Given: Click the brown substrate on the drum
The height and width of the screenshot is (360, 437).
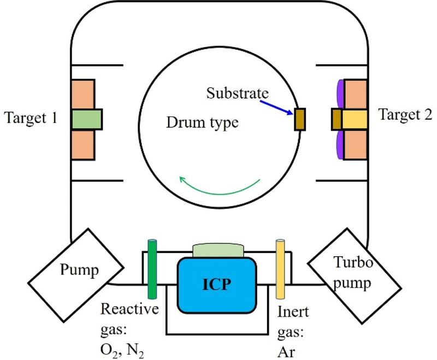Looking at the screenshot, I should coord(299,120).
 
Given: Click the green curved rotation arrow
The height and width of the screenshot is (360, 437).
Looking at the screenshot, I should coord(218,188).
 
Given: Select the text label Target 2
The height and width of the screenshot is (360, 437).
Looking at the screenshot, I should coord(405,115).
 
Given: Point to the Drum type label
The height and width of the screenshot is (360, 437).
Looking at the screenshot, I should coord(202,123).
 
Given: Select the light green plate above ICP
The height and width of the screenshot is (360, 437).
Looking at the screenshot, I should coord(218,251).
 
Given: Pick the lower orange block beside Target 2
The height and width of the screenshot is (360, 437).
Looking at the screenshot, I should coord(355,144).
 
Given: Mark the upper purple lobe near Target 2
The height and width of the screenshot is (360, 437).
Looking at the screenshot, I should coord(340,94).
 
